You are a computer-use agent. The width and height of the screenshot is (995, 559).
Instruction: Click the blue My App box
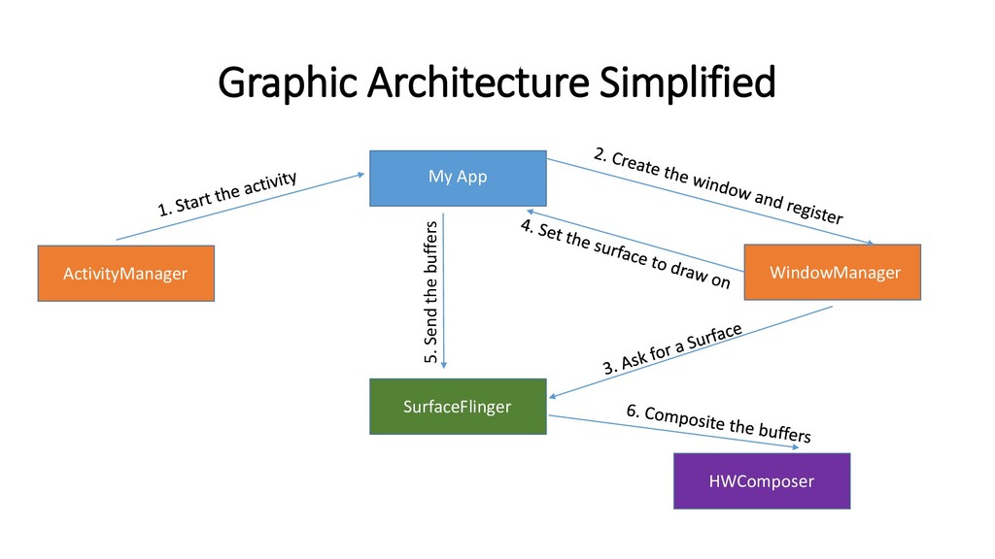tap(458, 178)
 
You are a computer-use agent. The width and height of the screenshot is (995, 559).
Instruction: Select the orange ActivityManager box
tap(125, 274)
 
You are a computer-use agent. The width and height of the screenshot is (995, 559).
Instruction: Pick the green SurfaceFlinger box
tap(457, 406)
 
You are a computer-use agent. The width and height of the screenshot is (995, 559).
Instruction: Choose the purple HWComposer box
tap(762, 480)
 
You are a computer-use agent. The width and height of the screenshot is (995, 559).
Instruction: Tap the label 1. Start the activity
tap(227, 192)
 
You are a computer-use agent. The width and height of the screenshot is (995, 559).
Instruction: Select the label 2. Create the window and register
tap(718, 184)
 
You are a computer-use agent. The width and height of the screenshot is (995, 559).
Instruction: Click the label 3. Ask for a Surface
tap(672, 349)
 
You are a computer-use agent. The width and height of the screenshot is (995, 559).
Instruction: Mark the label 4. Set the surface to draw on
tap(626, 254)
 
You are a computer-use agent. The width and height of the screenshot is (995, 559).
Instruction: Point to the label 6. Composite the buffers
tap(718, 423)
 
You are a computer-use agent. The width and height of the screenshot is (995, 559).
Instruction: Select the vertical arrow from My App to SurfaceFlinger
tap(444, 291)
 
